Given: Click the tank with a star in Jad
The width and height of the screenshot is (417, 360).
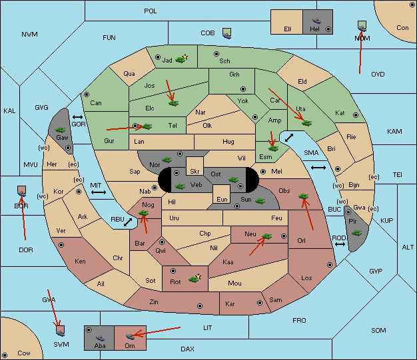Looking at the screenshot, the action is click(181, 59).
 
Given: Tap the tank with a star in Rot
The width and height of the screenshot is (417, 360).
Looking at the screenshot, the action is click(195, 278).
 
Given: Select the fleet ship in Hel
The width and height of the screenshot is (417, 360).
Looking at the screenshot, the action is click(316, 21).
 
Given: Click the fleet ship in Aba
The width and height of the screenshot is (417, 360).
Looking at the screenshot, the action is click(101, 337).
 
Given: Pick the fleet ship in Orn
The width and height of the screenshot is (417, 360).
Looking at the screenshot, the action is click(130, 337).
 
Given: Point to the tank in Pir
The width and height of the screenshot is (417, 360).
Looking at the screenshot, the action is click(356, 233).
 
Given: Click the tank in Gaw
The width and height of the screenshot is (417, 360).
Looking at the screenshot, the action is click(60, 130).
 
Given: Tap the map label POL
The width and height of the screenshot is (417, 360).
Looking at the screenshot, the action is click(151, 11).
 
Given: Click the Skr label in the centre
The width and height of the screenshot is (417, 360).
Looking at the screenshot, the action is click(195, 172).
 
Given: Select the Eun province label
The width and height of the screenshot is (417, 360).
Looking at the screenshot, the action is click(222, 199).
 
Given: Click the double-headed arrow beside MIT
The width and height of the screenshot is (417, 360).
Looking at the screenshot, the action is click(99, 192).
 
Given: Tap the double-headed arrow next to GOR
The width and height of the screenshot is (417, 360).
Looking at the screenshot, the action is click(77, 117).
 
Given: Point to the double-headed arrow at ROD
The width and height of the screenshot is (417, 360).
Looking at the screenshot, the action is click(340, 244).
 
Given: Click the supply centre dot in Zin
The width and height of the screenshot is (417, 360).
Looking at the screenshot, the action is click(200, 306).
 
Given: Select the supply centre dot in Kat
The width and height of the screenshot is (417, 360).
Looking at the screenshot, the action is click(356, 115).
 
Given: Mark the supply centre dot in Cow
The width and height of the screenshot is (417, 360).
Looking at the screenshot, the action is click(5, 355).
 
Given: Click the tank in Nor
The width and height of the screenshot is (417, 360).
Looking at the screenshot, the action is click(167, 160).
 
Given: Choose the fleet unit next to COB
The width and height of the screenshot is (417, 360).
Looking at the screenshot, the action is click(227, 34).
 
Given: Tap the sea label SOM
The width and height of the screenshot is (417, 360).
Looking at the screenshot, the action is click(378, 331).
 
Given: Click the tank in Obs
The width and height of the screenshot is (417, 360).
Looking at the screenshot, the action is click(304, 196).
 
